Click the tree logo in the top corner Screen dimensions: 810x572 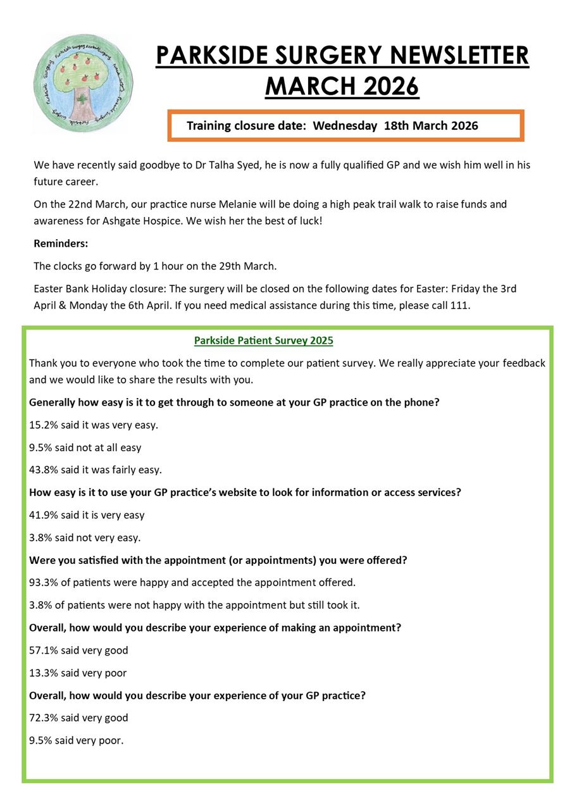(x=83, y=82)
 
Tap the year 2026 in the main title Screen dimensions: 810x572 (x=385, y=85)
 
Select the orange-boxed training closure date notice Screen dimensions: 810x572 (x=345, y=125)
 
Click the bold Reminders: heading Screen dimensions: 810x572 (x=61, y=243)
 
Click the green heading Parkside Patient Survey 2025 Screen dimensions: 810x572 (x=263, y=340)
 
